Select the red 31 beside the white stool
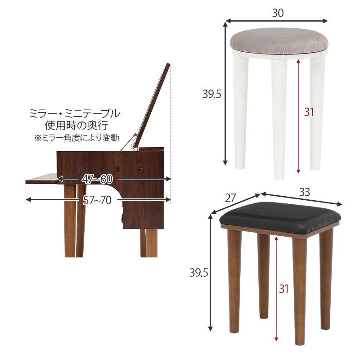tap(308, 112)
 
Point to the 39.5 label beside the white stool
tap(211, 94)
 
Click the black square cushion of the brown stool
tap(279, 214)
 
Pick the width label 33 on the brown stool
tap(305, 192)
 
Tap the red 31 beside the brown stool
tap(283, 288)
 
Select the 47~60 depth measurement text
tap(97, 179)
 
